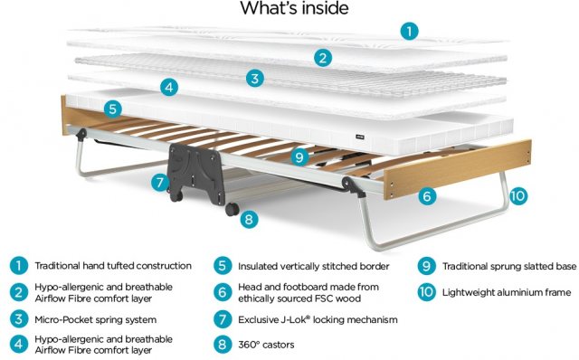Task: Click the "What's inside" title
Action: (294, 8)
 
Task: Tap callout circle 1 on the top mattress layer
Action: (409, 31)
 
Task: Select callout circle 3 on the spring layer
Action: (255, 79)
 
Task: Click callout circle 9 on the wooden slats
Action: (299, 157)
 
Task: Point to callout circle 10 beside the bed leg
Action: (518, 195)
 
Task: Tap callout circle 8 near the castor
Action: (249, 219)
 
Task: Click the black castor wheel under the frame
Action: (232, 209)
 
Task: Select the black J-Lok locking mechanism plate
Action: (195, 173)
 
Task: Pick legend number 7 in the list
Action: (223, 319)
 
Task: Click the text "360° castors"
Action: (266, 345)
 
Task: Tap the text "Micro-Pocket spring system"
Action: (95, 320)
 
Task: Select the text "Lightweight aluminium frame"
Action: (507, 292)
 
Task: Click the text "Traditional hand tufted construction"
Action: (113, 266)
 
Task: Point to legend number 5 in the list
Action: (223, 266)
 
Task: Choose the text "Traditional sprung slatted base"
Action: (509, 266)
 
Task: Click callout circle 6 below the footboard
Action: (427, 195)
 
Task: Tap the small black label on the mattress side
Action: (360, 137)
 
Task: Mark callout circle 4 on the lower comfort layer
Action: (169, 87)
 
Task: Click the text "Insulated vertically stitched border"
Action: (314, 266)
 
